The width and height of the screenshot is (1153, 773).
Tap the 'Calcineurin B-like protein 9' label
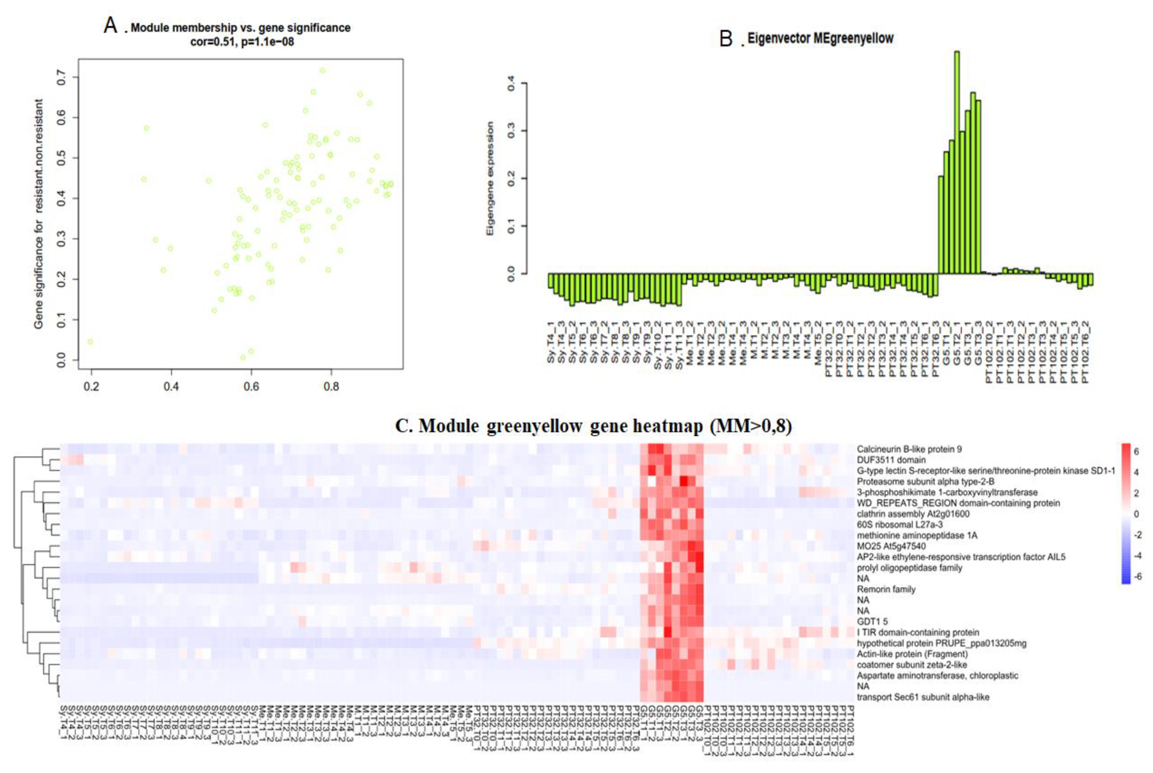(x=909, y=449)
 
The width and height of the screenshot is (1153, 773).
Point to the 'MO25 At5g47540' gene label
(x=891, y=546)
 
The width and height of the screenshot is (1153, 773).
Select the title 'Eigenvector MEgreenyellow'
(x=820, y=38)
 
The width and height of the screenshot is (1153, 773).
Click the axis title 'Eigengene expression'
(x=490, y=179)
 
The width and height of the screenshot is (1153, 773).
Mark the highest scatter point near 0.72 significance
(x=323, y=71)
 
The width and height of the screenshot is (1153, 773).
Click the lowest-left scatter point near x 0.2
(x=90, y=342)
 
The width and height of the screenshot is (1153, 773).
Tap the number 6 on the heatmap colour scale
(x=1136, y=451)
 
